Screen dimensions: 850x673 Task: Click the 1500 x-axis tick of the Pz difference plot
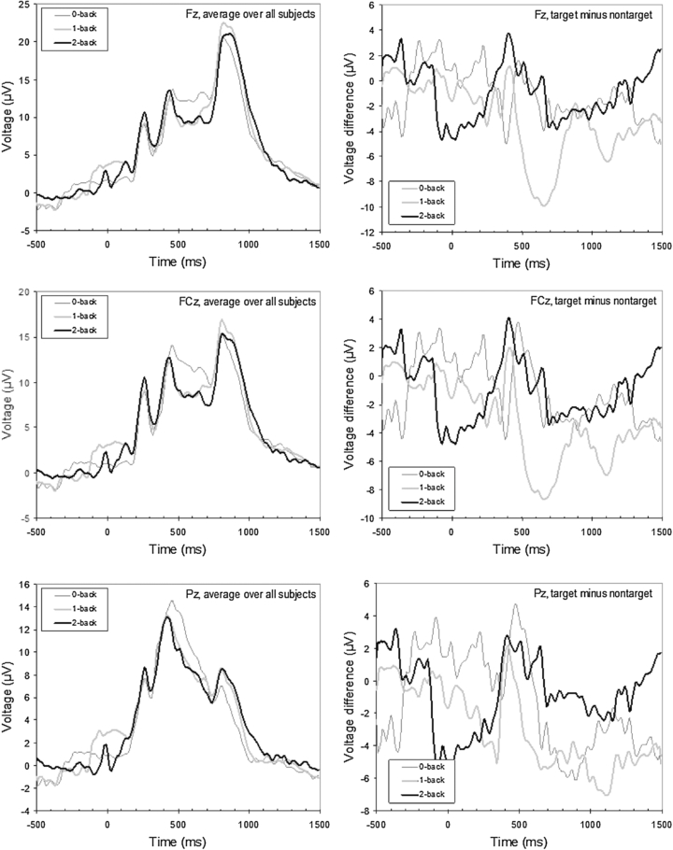[x=660, y=826]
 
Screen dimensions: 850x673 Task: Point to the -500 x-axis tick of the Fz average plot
[x=36, y=244]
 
